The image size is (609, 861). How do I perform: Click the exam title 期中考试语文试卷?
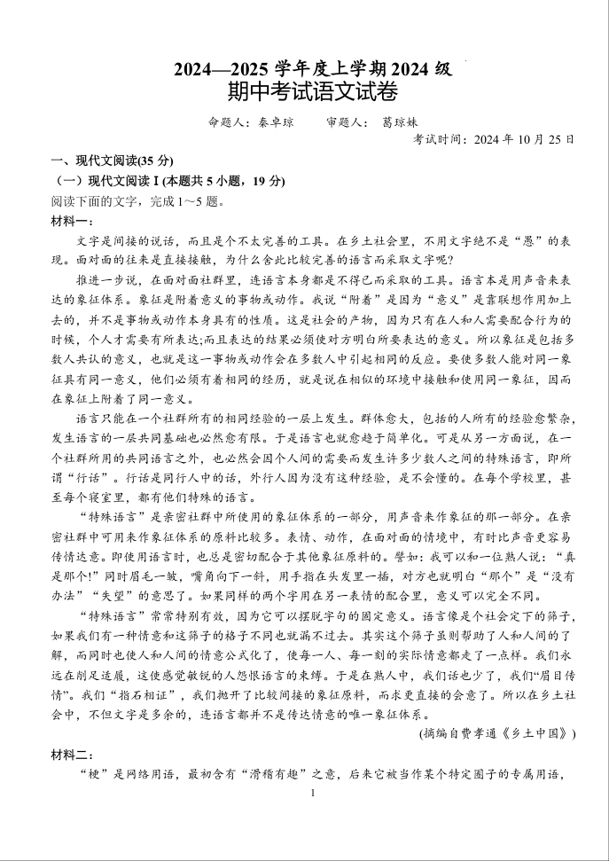pos(312,90)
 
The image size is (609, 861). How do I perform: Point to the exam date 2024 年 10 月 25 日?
pos(524,139)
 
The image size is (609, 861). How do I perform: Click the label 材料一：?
pos(72,221)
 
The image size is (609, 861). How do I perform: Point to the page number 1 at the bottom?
pos(313,792)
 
